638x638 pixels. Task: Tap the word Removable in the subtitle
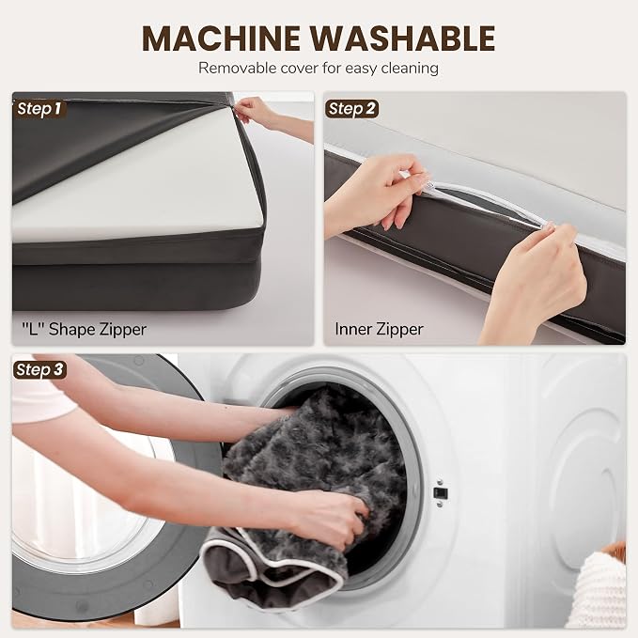237,68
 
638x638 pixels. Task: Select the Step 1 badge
39,109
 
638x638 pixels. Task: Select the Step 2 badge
351,109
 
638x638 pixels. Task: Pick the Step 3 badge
39,369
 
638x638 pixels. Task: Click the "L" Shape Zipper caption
84,330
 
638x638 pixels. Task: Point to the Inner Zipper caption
380,329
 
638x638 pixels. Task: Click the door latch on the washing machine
441,492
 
